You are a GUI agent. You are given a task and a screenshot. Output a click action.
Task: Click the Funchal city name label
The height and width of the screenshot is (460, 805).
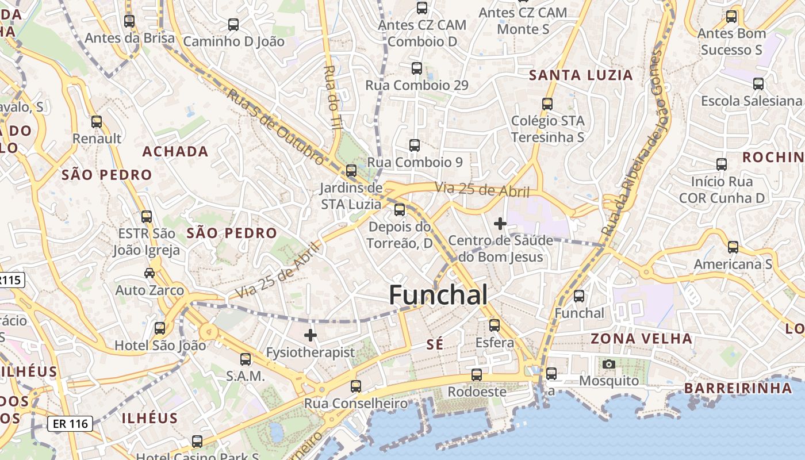coord(438,295)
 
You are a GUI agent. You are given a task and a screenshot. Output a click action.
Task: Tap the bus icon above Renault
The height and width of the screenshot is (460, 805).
coord(97,122)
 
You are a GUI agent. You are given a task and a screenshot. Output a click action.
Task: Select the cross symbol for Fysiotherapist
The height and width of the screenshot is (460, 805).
coord(310,335)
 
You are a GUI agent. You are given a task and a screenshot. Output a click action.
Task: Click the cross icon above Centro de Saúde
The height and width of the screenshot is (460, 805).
coord(500,223)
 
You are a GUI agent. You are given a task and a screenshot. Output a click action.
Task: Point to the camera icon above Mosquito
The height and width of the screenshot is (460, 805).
coord(609,364)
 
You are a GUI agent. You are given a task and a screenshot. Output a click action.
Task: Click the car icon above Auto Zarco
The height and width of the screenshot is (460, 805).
coord(149,273)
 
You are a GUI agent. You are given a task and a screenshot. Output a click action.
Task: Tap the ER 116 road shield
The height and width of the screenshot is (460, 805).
coord(70,424)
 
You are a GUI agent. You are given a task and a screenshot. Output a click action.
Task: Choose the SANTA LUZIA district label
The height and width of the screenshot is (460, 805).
coord(581,75)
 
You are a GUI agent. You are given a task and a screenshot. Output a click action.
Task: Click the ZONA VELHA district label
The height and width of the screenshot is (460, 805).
coord(641,338)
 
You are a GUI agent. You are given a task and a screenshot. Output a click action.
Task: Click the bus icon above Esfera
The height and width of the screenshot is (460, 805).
coord(494,325)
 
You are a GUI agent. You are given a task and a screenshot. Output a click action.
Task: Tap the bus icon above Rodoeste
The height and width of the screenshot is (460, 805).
coord(477,375)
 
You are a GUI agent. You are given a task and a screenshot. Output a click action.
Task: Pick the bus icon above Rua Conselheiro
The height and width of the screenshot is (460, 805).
coord(356,386)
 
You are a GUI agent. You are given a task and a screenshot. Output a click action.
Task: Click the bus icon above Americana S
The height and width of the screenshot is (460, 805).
coord(733,247)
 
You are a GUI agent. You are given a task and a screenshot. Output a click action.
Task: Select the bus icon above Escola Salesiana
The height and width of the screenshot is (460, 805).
coord(758,84)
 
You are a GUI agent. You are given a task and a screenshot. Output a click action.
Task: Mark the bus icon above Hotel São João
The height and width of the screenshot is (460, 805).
coord(160,328)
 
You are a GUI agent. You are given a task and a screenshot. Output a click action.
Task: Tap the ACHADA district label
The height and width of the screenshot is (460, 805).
coord(175,151)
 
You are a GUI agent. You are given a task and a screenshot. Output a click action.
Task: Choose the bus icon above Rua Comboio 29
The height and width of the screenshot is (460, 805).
coord(417,68)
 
